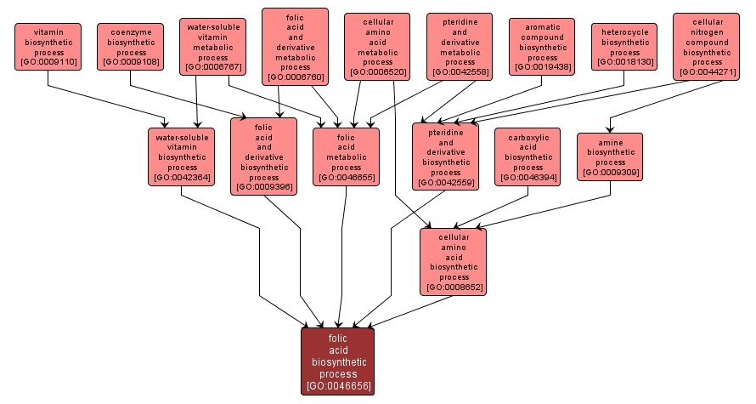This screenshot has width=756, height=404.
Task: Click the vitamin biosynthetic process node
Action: pyautogui.click(x=48, y=46)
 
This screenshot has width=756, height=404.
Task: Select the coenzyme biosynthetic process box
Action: pyautogui.click(x=129, y=46)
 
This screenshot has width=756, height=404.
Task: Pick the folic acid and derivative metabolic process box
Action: pyautogui.click(x=295, y=47)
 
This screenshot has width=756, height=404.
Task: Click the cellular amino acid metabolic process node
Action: pyautogui.click(x=378, y=47)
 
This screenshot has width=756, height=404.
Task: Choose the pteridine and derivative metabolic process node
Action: pyautogui.click(x=460, y=47)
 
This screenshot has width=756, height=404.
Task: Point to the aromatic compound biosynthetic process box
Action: pyautogui.click(x=543, y=47)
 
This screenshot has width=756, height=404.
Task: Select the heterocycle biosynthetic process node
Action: pyautogui.click(x=625, y=46)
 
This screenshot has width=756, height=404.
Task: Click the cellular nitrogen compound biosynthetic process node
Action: pyautogui.click(x=708, y=46)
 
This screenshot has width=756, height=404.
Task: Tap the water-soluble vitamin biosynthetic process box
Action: pyautogui.click(x=182, y=156)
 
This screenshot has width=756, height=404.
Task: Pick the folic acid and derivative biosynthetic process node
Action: pyautogui.click(x=264, y=156)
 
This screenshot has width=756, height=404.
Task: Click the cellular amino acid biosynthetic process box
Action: pyautogui.click(x=454, y=260)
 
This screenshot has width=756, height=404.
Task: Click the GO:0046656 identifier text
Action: pyautogui.click(x=338, y=385)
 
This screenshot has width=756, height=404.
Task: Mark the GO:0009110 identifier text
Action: pyautogui.click(x=48, y=62)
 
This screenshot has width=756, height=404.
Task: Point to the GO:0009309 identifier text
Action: pyautogui.click(x=610, y=173)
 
